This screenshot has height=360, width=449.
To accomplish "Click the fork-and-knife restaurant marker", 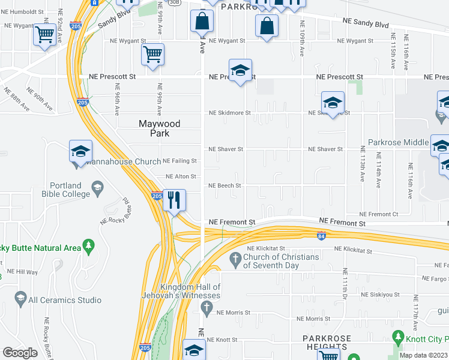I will (x=174, y=200).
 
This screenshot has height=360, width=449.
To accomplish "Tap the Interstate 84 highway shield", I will (x=322, y=235).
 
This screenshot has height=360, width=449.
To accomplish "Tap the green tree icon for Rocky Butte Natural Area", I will (x=88, y=245).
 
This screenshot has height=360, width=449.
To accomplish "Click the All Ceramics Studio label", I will (x=65, y=300).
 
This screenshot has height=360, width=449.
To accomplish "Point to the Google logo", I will (x=20, y=353).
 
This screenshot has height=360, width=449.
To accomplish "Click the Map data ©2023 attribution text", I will (x=423, y=355).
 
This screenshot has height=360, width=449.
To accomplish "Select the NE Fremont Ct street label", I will (x=378, y=214).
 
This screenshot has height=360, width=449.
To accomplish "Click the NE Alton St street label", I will (x=181, y=176).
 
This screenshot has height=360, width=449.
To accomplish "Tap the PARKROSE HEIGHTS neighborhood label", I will (x=325, y=343).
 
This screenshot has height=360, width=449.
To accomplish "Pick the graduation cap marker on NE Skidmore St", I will (x=332, y=103).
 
